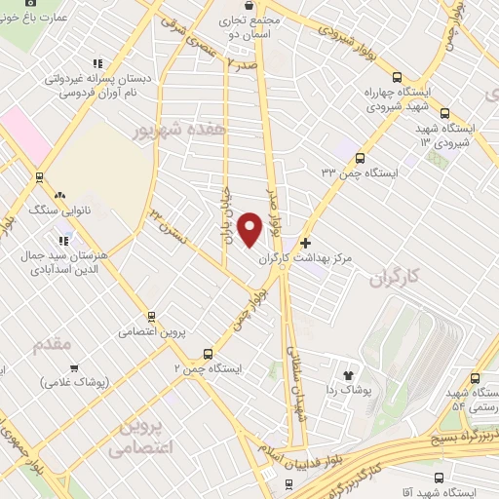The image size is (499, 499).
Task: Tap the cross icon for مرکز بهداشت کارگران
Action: click(x=306, y=243)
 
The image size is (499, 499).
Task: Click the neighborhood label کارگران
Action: click(x=399, y=279)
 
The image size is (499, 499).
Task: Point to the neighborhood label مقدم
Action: click(x=53, y=345)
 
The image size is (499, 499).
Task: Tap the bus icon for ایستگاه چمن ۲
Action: click(x=208, y=355)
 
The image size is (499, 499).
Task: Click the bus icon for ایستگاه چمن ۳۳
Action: click(x=360, y=158)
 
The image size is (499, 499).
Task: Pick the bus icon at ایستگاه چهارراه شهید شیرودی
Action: click(x=397, y=77)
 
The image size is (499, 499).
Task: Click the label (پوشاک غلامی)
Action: click(x=75, y=381)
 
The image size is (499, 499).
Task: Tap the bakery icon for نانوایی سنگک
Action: click(x=60, y=195)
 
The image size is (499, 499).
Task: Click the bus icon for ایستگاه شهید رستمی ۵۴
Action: click(x=473, y=378)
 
